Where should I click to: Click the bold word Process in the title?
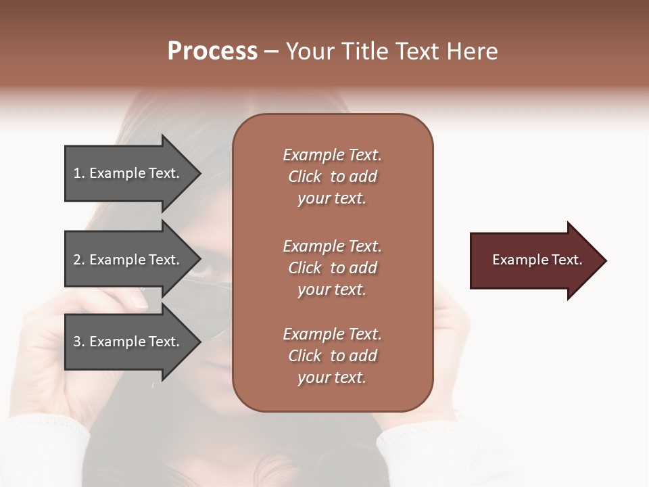coord(212,51)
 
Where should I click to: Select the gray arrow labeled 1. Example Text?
coord(128,173)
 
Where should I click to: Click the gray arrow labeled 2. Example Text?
coord(128,260)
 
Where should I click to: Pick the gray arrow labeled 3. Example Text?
coord(128,342)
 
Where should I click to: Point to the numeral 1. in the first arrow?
coord(79,173)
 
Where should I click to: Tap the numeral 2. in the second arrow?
coord(79,260)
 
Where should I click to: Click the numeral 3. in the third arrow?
coord(79,342)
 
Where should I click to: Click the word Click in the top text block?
coord(305,177)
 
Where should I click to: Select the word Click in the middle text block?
coord(305,268)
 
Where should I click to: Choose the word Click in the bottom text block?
coord(305,356)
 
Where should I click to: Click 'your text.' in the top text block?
coord(332,199)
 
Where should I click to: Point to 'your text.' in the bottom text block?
coord(332,378)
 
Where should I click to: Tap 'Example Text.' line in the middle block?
coord(332,246)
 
